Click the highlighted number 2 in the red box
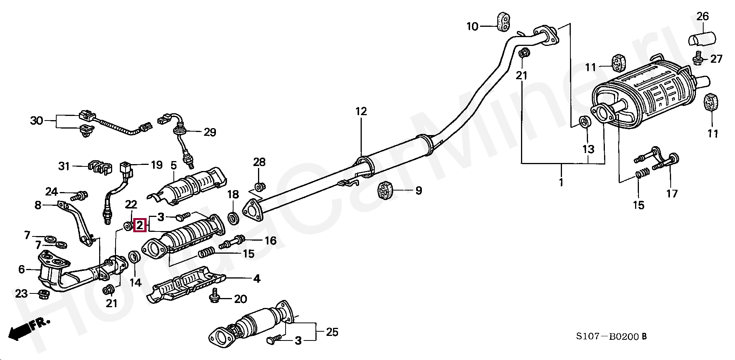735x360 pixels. pyautogui.click(x=140, y=225)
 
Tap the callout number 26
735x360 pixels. pyautogui.click(x=702, y=16)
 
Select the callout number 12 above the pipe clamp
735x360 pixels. pyautogui.click(x=361, y=111)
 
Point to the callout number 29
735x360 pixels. pyautogui.click(x=210, y=132)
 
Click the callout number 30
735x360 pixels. pyautogui.click(x=37, y=121)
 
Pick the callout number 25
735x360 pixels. pyautogui.click(x=332, y=332)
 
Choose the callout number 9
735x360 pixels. pyautogui.click(x=418, y=190)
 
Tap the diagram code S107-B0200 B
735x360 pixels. pyautogui.click(x=611, y=337)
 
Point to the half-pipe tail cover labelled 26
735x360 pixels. pyautogui.click(x=702, y=40)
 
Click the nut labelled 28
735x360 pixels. pyautogui.click(x=259, y=187)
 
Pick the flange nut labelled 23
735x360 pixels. pyautogui.click(x=43, y=294)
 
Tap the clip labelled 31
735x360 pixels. pyautogui.click(x=99, y=167)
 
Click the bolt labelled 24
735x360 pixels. pyautogui.click(x=80, y=195)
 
